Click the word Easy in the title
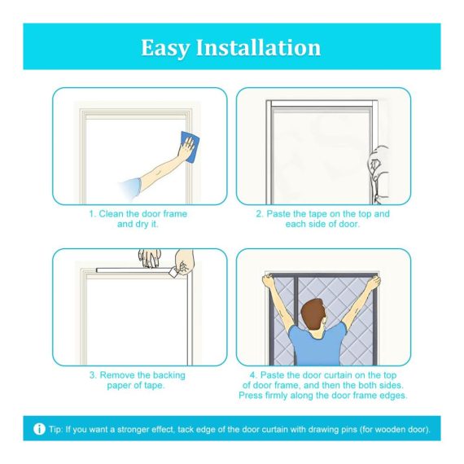[x=164, y=48]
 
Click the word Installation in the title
[x=258, y=47]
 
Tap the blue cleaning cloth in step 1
[x=190, y=147]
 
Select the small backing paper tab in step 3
[x=173, y=273]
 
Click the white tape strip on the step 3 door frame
[x=134, y=270]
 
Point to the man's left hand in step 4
[x=374, y=282]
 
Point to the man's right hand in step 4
[x=268, y=281]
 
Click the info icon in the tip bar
[x=39, y=429]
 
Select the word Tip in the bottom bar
[x=56, y=429]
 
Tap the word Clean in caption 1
[x=112, y=213]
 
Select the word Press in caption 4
[x=251, y=396]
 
